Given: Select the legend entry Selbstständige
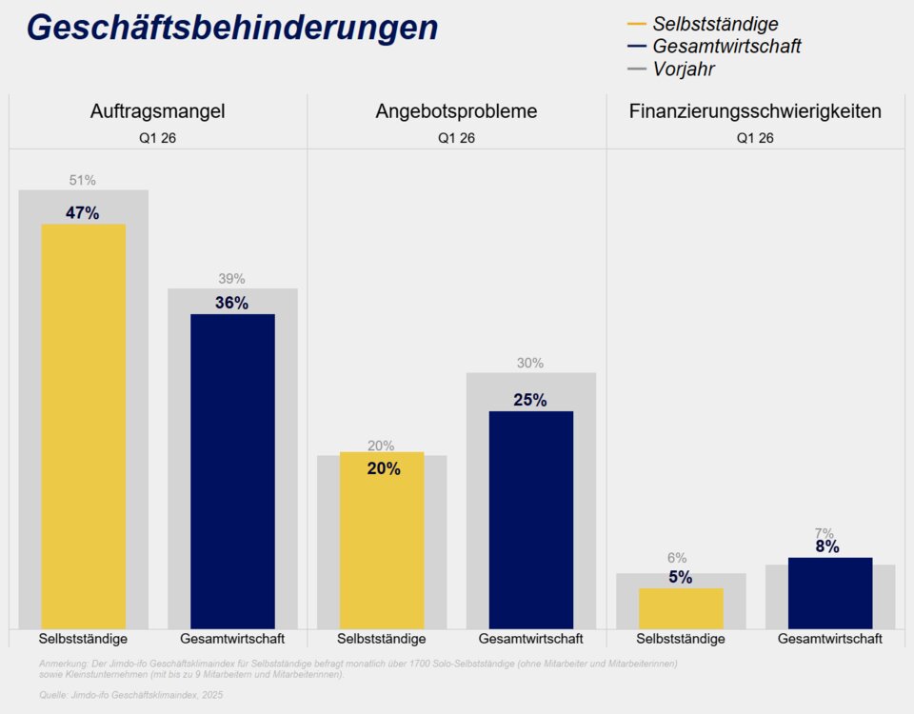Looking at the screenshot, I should pyautogui.click(x=714, y=24).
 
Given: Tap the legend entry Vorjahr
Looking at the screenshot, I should pyautogui.click(x=683, y=69).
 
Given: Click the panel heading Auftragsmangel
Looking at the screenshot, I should pyautogui.click(x=158, y=111).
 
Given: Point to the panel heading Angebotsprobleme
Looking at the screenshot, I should pyautogui.click(x=456, y=111).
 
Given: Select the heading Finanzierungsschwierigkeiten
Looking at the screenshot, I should pyautogui.click(x=755, y=111).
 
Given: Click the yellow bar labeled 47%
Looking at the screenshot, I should pyautogui.click(x=83, y=428).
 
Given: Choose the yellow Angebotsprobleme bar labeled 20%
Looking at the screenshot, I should pyautogui.click(x=382, y=543).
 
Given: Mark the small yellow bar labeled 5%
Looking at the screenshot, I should pyautogui.click(x=681, y=608).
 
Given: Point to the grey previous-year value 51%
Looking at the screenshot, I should pyautogui.click(x=83, y=180).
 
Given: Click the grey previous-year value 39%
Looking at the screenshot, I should pyautogui.click(x=232, y=279).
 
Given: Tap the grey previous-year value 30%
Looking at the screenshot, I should pyautogui.click(x=531, y=363).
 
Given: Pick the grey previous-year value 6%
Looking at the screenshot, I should pyautogui.click(x=677, y=558).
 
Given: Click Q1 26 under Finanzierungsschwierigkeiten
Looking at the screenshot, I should pyautogui.click(x=755, y=138).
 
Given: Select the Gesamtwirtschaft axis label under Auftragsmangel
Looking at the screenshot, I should pyautogui.click(x=232, y=639).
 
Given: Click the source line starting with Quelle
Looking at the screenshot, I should pyautogui.click(x=131, y=695).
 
